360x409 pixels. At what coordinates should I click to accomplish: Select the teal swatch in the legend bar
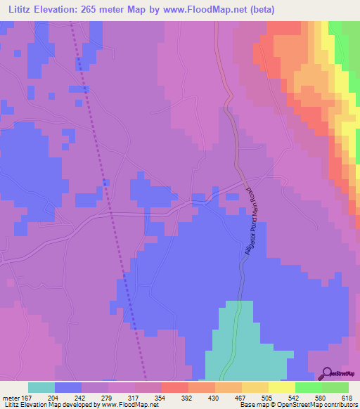41,387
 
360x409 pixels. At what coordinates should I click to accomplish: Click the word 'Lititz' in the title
20,10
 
